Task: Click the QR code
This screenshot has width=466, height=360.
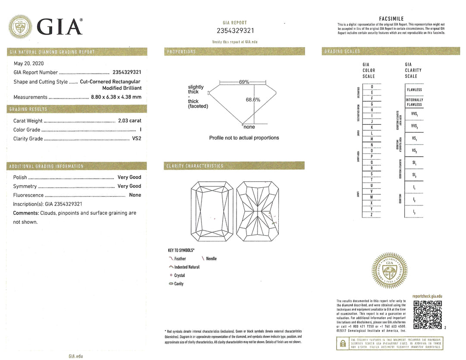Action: (x=428, y=315)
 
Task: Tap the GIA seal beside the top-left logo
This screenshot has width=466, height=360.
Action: (x=21, y=27)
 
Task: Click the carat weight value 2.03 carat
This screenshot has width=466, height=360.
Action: (x=129, y=121)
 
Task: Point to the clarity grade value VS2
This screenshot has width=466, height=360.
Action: (x=136, y=139)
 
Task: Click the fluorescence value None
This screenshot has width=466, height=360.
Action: (x=135, y=195)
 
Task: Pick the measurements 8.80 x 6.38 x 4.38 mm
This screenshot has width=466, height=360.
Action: (x=116, y=97)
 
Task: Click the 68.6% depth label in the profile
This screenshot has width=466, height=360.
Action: (x=253, y=100)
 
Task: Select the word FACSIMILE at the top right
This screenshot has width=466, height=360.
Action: (x=391, y=19)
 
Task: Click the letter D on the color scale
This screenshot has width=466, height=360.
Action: (x=372, y=87)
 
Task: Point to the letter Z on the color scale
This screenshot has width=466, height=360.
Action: (x=372, y=215)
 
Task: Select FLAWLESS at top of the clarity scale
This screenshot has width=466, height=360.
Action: (x=414, y=90)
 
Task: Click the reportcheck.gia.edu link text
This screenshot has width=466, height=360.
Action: (x=427, y=296)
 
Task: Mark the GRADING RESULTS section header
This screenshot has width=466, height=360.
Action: (x=28, y=110)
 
